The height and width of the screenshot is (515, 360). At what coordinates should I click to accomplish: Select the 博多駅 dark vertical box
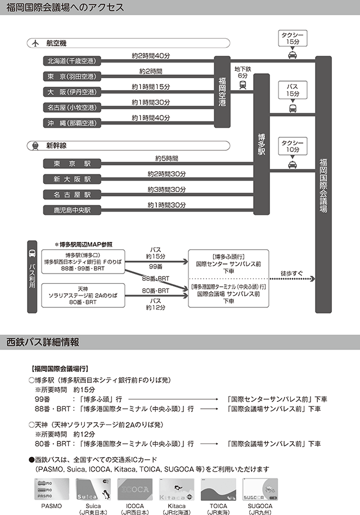pyautogui.click(x=262, y=144)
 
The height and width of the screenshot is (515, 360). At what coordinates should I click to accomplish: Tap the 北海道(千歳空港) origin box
pyautogui.click(x=71, y=61)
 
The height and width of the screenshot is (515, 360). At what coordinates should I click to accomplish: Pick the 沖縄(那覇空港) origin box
pyautogui.click(x=71, y=123)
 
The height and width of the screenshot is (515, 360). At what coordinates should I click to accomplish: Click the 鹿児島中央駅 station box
pyautogui.click(x=71, y=210)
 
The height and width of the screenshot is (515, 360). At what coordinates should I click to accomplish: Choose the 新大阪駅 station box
pyautogui.click(x=71, y=179)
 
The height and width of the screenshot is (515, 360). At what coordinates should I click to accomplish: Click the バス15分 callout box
pyautogui.click(x=292, y=90)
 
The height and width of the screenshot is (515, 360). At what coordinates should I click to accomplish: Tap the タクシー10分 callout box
pyautogui.click(x=292, y=146)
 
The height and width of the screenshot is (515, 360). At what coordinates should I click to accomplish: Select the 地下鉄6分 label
pyautogui.click(x=242, y=72)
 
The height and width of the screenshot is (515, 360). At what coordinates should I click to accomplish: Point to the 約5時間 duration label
pyautogui.click(x=166, y=158)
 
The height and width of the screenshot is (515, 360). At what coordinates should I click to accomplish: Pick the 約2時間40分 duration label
pyautogui.click(x=151, y=55)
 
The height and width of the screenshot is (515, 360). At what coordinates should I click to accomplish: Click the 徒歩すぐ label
pyautogui.click(x=291, y=274)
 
